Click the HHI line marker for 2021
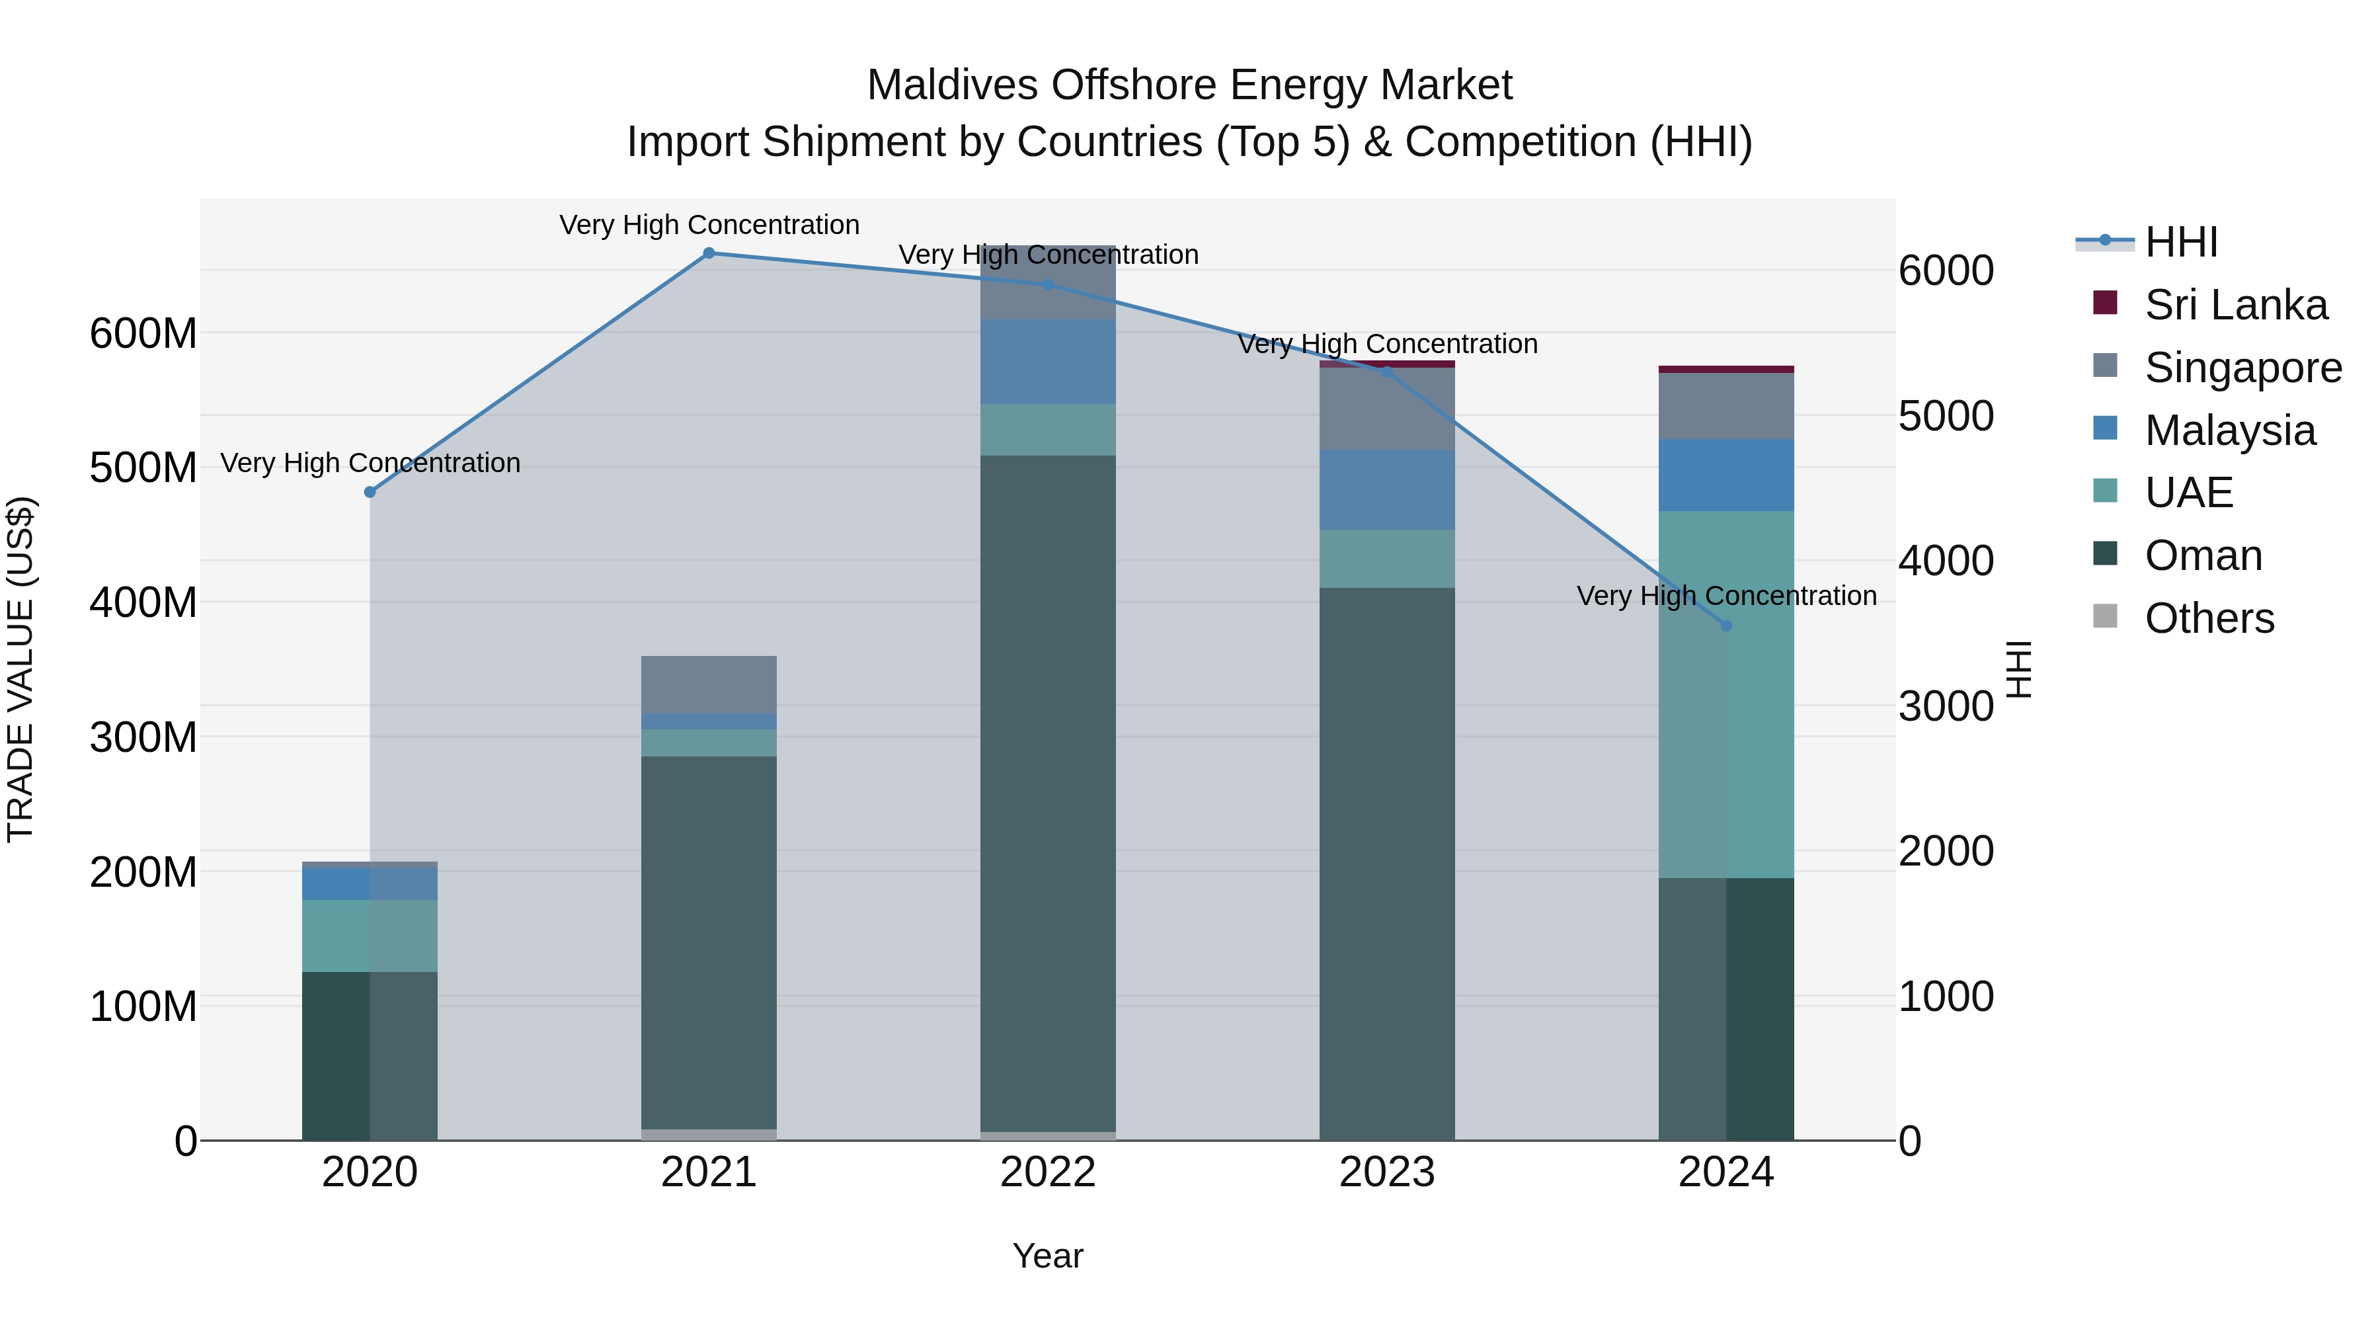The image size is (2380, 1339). click(709, 253)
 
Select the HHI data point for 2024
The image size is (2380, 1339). click(1726, 626)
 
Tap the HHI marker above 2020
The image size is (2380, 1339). click(370, 493)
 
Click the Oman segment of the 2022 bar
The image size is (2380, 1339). click(1048, 795)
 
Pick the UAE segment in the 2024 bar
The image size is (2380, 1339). click(1726, 693)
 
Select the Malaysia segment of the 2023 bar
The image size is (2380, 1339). click(1387, 490)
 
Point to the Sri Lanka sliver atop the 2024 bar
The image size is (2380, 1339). click(1726, 370)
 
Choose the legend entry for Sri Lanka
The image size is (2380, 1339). click(2236, 305)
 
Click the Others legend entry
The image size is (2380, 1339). click(2209, 618)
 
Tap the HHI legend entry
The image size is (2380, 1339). click(2180, 242)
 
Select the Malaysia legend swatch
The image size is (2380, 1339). click(2106, 428)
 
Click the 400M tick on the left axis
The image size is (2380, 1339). click(143, 602)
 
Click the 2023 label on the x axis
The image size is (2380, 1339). click(1387, 1172)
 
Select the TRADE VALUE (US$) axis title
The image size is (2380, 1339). click(20, 669)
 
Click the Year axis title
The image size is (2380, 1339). click(1048, 1256)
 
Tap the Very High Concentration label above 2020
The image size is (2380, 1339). click(370, 462)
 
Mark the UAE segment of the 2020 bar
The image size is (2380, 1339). click(370, 935)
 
